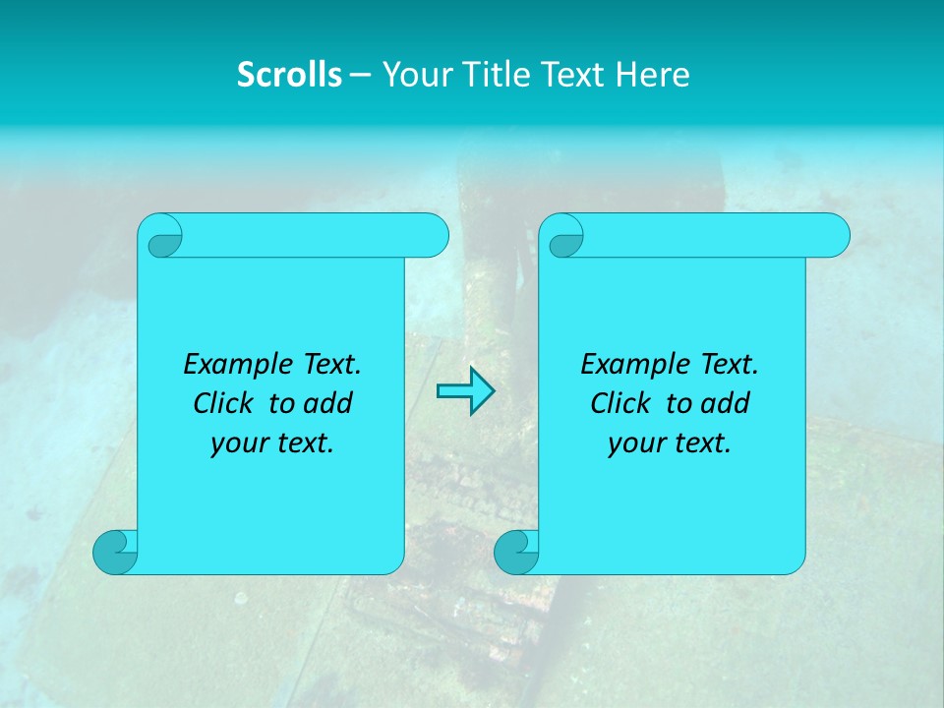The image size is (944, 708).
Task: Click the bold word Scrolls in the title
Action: point(289,75)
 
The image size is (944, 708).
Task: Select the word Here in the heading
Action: point(653,75)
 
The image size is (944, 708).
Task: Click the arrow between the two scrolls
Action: point(465,391)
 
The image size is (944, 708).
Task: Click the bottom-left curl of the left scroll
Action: point(115,552)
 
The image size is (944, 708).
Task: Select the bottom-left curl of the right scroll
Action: point(515,552)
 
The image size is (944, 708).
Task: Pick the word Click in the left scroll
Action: point(222,403)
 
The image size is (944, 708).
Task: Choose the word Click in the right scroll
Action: point(619,403)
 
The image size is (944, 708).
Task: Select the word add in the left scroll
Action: point(328,403)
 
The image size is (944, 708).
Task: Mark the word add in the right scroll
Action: point(726,403)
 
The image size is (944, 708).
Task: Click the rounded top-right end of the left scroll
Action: point(434,236)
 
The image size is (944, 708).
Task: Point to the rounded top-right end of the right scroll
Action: point(835,236)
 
